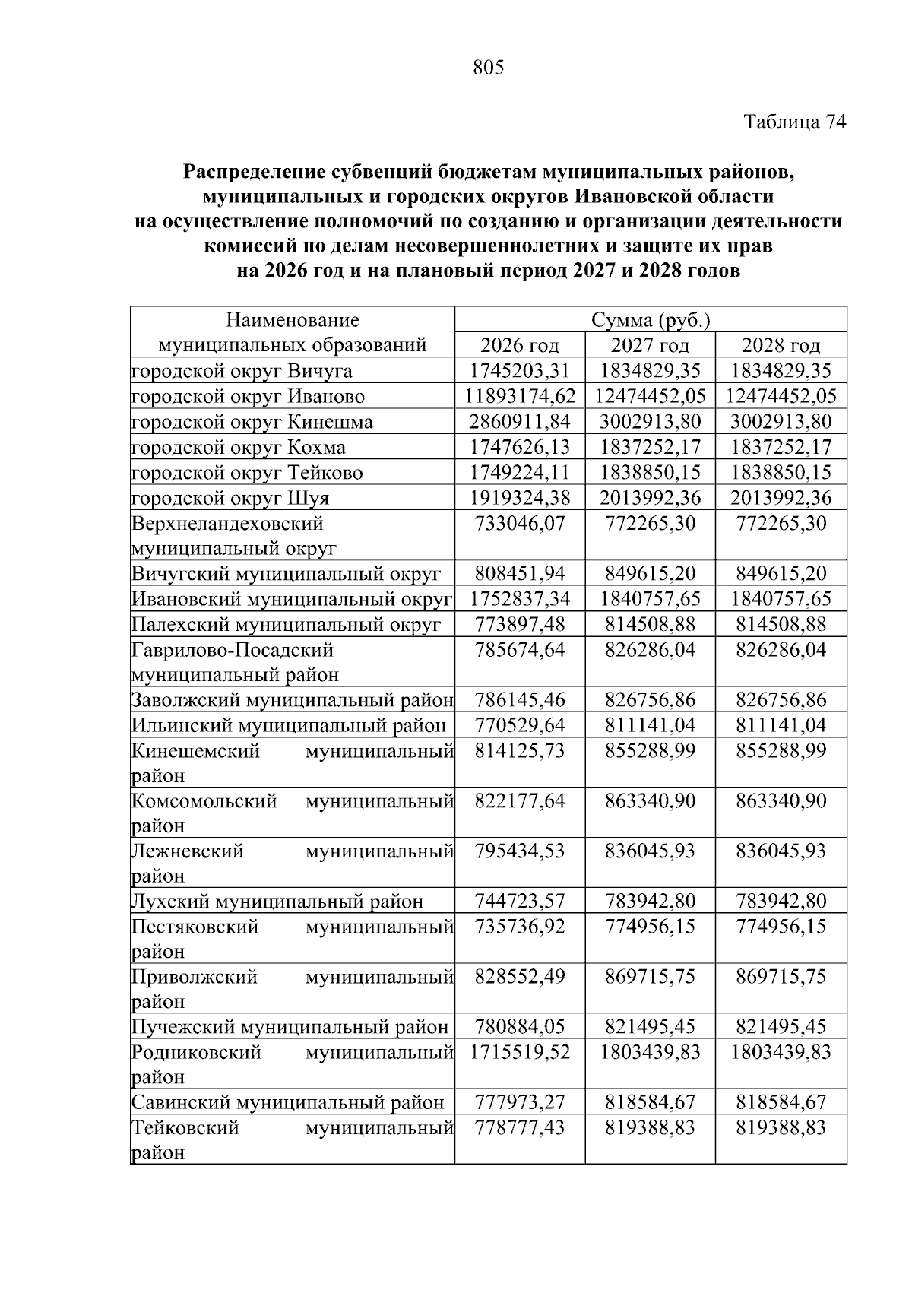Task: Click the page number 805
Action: pyautogui.click(x=488, y=68)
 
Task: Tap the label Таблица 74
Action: pyautogui.click(x=794, y=122)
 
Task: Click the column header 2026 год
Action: pyautogui.click(x=520, y=346)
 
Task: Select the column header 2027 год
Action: pyautogui.click(x=650, y=346)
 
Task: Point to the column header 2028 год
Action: pyautogui.click(x=781, y=346)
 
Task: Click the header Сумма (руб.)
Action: pyautogui.click(x=650, y=320)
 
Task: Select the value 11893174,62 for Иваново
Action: pyautogui.click(x=520, y=396)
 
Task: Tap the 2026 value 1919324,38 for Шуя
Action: pyautogui.click(x=520, y=498)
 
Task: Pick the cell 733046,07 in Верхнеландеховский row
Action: pyautogui.click(x=520, y=524)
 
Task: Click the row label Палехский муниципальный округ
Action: pyautogui.click(x=286, y=625)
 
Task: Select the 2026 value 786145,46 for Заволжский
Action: pyautogui.click(x=520, y=700)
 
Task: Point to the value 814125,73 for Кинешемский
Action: pyautogui.click(x=520, y=751)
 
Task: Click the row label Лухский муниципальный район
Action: pyautogui.click(x=277, y=902)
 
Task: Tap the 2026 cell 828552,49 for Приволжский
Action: pyautogui.click(x=520, y=977)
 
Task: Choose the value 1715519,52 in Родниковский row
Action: pyautogui.click(x=520, y=1052)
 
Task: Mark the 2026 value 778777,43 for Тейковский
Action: pyautogui.click(x=520, y=1127)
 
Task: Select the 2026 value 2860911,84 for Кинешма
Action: pyautogui.click(x=520, y=422)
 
